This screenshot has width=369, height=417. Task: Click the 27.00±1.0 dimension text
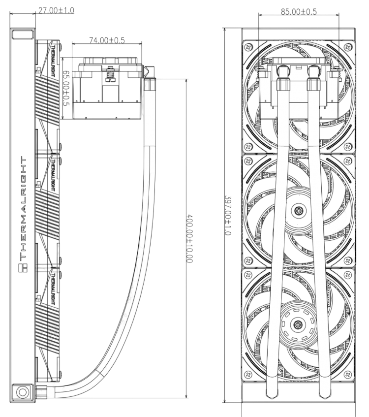(x=56, y=10)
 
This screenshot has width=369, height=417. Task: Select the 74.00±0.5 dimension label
(x=107, y=40)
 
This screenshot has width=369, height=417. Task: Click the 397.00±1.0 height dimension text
(x=228, y=216)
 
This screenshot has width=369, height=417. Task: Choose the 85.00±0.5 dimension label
(x=299, y=12)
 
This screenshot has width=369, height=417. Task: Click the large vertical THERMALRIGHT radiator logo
(x=23, y=209)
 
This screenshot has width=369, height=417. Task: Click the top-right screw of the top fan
(x=348, y=47)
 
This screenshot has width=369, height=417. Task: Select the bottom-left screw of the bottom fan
(x=248, y=374)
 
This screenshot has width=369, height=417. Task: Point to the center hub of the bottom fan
(x=298, y=325)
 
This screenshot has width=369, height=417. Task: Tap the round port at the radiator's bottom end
(x=22, y=391)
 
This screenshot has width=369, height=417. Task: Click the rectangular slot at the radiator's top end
(x=22, y=34)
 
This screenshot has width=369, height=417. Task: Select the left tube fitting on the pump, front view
(x=282, y=78)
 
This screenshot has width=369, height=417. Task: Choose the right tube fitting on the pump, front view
(x=313, y=78)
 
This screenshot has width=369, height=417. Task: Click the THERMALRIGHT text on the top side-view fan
(x=53, y=61)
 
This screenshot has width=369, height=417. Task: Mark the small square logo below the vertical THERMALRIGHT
(x=23, y=268)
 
